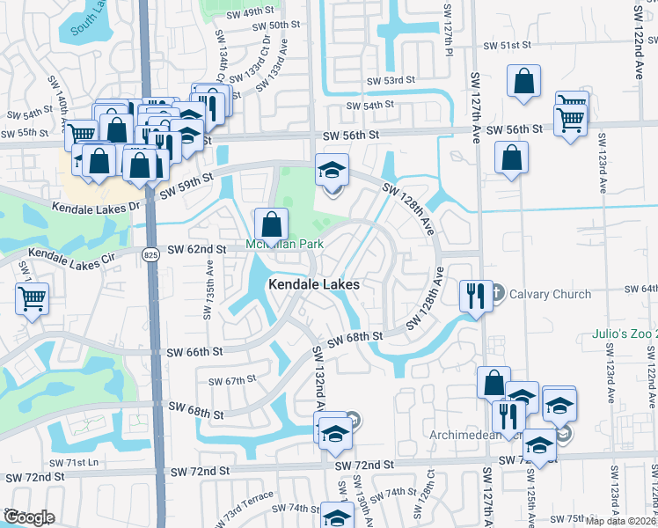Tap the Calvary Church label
pos(550,294)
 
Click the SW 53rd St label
pos(391,81)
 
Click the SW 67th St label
pos(232,380)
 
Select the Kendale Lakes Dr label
pos(96,209)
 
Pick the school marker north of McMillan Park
pos(333,171)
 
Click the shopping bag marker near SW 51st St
pos(523,82)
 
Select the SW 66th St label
pos(195,352)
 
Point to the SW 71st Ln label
pos(76,463)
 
